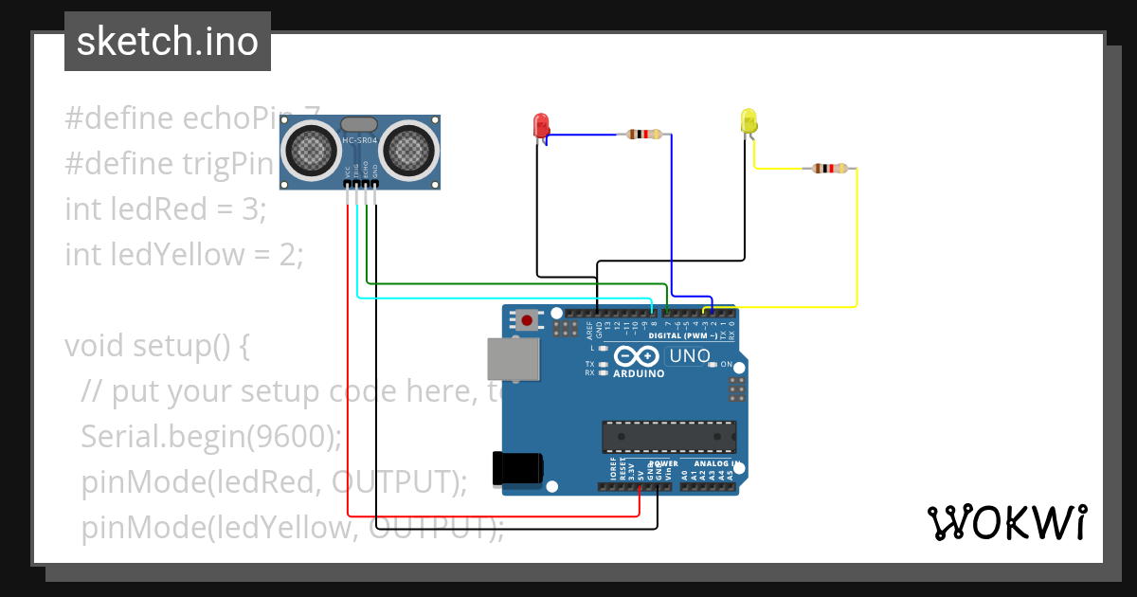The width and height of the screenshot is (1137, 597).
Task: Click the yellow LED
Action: click(x=748, y=121)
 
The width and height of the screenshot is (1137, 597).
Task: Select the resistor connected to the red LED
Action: click(x=643, y=135)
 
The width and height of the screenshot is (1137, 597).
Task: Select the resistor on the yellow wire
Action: click(x=830, y=169)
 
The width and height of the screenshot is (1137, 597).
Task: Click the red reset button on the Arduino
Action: click(x=526, y=320)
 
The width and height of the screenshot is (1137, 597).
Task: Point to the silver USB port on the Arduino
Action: click(x=513, y=360)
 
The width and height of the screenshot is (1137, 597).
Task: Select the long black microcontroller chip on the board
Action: click(x=669, y=436)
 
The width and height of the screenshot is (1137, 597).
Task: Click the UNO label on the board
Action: click(x=689, y=356)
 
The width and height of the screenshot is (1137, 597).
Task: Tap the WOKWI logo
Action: click(x=1006, y=522)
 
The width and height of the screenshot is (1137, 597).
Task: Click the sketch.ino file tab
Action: click(x=168, y=42)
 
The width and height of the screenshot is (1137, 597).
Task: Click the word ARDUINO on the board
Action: click(x=638, y=373)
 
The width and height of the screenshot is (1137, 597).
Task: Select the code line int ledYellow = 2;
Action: click(x=184, y=254)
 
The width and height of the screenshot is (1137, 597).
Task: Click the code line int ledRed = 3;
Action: click(x=166, y=208)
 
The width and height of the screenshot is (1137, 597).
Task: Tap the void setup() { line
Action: click(x=157, y=345)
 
